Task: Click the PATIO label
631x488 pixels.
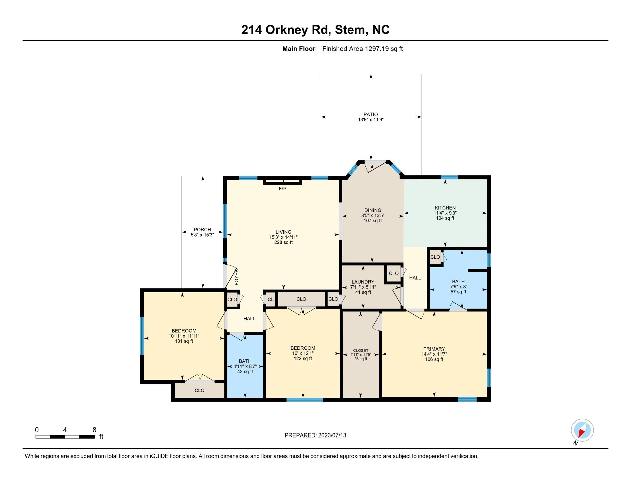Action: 371,115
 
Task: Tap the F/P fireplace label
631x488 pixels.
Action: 283,189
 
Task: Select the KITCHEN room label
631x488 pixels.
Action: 445,208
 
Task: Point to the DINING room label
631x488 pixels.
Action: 373,210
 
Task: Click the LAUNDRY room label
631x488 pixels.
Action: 363,282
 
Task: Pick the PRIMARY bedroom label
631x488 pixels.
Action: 434,349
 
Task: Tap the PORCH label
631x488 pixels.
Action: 202,230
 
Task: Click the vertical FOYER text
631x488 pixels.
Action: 237,277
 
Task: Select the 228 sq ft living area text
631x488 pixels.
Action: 283,243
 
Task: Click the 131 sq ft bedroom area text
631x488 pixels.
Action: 184,341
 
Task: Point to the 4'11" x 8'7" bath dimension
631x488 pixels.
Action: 245,367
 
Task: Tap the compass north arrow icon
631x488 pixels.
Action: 582,430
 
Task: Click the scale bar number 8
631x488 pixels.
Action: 94,430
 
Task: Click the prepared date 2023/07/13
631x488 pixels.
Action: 331,435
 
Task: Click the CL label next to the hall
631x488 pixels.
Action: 270,299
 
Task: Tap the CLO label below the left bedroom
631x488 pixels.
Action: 199,391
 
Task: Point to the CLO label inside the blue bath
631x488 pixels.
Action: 435,257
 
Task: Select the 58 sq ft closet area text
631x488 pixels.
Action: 361,359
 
